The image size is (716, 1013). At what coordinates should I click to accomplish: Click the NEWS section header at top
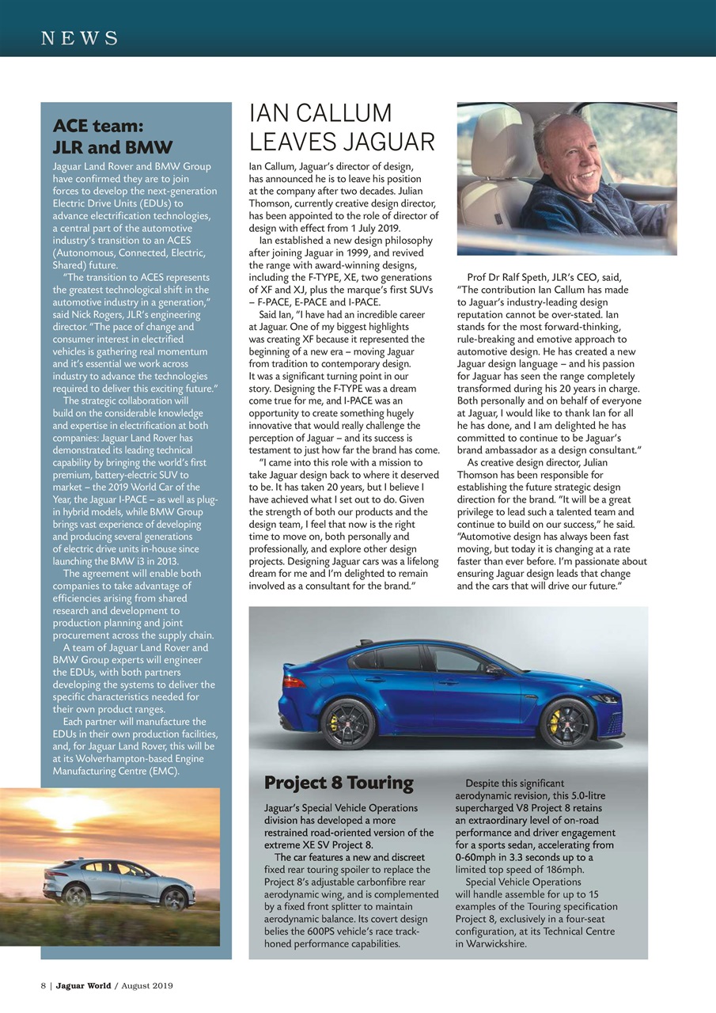[80, 38]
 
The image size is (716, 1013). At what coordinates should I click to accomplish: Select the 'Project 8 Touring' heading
[339, 783]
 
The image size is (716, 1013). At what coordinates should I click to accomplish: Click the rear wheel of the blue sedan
[347, 723]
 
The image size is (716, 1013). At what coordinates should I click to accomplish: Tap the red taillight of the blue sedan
[294, 681]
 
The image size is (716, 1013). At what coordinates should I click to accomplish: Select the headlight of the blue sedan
[605, 698]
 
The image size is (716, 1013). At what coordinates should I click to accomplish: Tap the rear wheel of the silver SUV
[76, 895]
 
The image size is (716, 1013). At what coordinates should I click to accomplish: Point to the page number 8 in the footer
[44, 985]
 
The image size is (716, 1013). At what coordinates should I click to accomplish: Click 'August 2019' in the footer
[149, 985]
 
